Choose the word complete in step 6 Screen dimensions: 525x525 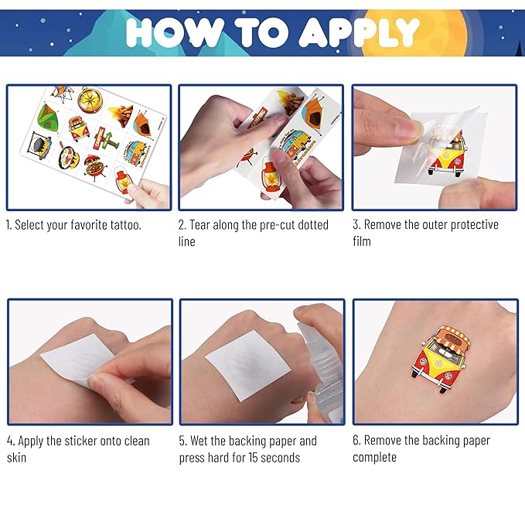[x=375, y=457]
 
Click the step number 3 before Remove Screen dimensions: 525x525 [x=356, y=225]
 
